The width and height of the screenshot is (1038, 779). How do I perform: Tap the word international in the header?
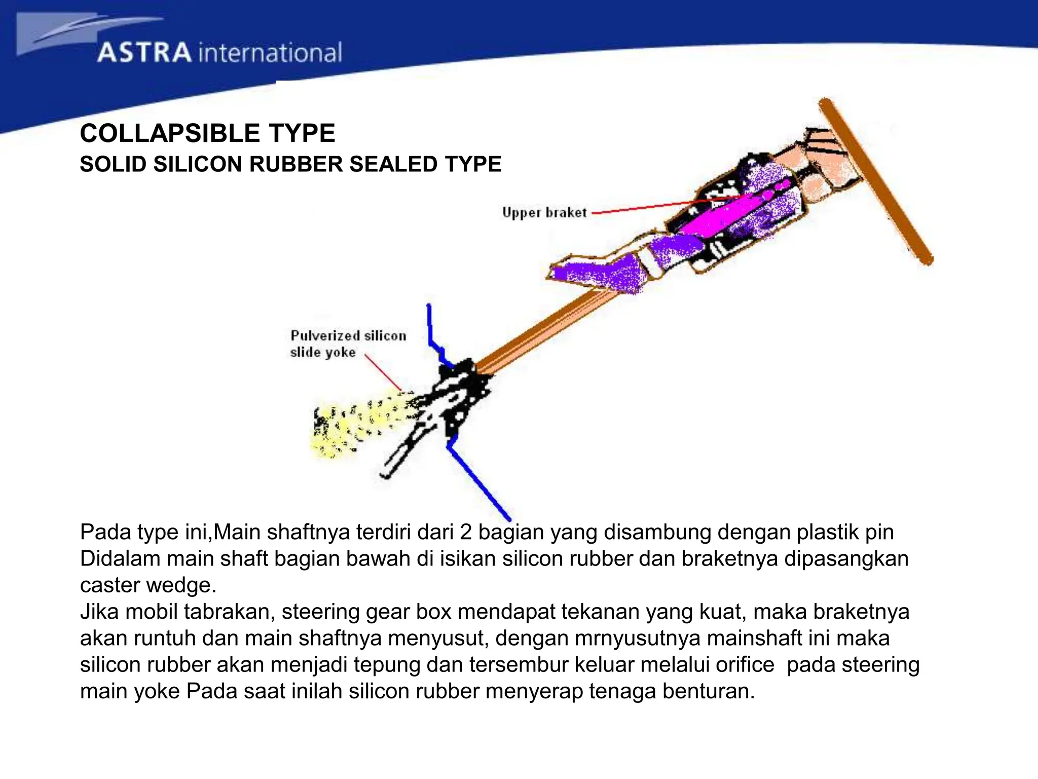click(x=271, y=53)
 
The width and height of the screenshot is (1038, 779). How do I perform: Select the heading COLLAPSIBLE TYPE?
click(x=207, y=133)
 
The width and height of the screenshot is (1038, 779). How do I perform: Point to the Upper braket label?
click(x=544, y=213)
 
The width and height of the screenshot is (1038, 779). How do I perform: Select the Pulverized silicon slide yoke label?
click(x=348, y=343)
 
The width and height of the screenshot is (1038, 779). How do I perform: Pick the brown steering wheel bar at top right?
click(x=876, y=181)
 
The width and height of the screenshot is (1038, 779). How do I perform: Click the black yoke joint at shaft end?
click(x=459, y=396)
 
